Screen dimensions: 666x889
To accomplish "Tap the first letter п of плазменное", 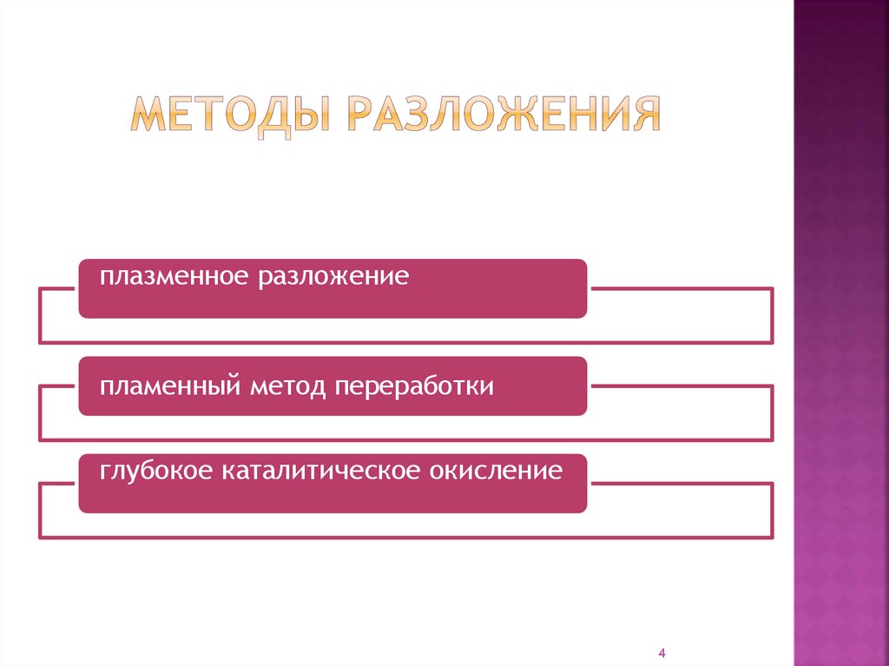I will click(105, 280).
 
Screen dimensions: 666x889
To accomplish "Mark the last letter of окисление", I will click(556, 473).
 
